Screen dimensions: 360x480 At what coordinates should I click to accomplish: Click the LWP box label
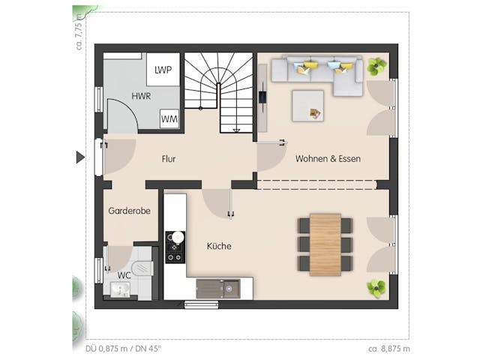point(163,70)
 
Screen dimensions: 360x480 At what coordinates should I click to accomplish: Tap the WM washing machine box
point(169,118)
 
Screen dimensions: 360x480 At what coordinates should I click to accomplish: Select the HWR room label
point(141,96)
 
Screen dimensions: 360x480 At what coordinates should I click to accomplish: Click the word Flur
point(169,159)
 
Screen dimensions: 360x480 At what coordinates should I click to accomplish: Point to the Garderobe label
point(129,211)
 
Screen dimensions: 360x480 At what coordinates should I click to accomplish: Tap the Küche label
point(219,246)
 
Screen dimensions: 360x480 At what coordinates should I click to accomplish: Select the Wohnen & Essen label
point(328,159)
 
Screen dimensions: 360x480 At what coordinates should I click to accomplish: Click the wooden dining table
point(325,244)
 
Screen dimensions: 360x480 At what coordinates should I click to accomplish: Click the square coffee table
point(308,105)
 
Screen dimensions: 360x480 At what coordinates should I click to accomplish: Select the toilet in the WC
point(139,269)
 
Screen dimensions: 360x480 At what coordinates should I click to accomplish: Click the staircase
point(220,90)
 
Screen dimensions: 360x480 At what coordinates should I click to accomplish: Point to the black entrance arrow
point(80,157)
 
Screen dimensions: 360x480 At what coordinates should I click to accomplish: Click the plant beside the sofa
point(376,67)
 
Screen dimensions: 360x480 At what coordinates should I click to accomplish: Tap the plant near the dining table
point(376,287)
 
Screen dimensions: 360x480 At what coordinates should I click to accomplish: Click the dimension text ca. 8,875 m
point(389,349)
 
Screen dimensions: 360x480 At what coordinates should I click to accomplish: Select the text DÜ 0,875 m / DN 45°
point(118,349)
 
